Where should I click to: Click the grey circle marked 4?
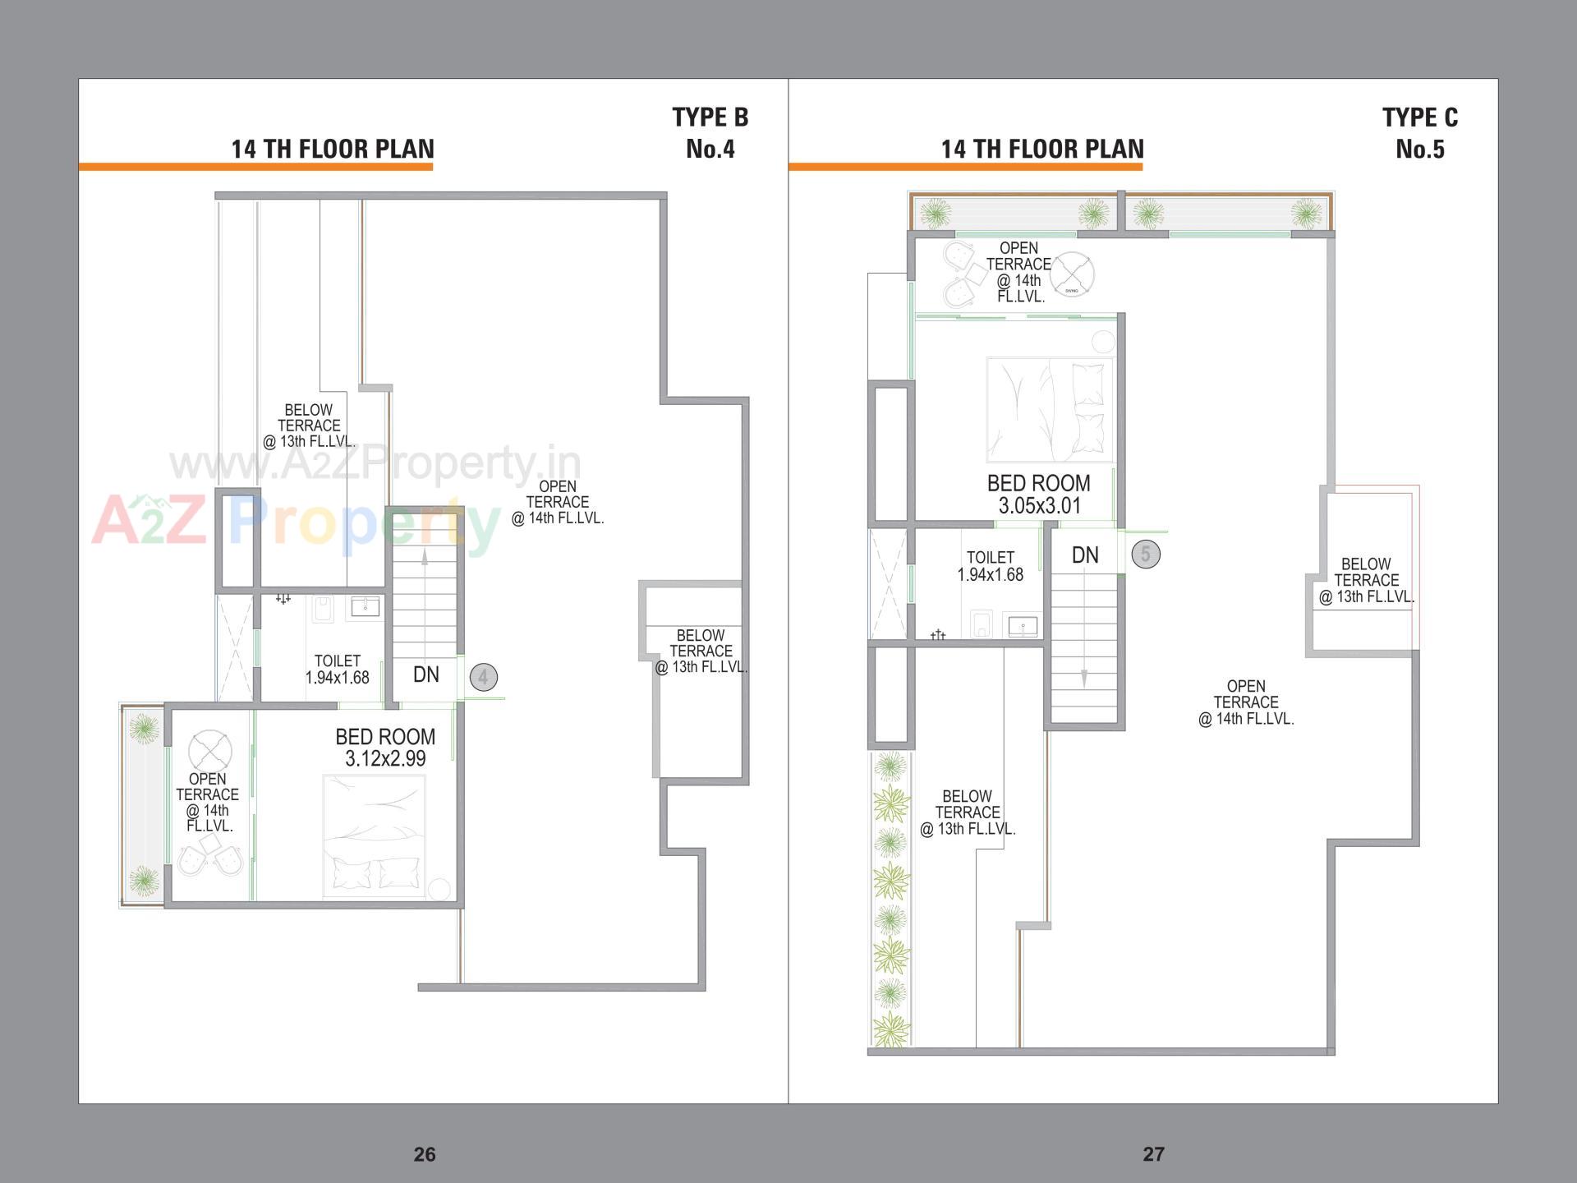pyautogui.click(x=483, y=678)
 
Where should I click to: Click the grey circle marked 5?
pyautogui.click(x=1146, y=555)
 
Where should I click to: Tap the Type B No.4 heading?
pyautogui.click(x=710, y=133)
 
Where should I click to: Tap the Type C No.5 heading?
pyautogui.click(x=1419, y=133)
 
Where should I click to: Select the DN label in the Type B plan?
pyautogui.click(x=425, y=674)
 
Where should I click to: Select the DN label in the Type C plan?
pyautogui.click(x=1085, y=555)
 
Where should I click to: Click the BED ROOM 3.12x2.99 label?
pyautogui.click(x=385, y=748)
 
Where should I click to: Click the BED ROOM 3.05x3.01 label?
pyautogui.click(x=1038, y=495)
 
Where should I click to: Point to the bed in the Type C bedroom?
pyautogui.click(x=1050, y=409)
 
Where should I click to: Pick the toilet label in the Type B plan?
pyautogui.click(x=337, y=670)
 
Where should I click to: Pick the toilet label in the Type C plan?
pyautogui.click(x=990, y=566)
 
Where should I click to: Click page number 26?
pyautogui.click(x=425, y=1154)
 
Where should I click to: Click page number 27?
pyautogui.click(x=1153, y=1154)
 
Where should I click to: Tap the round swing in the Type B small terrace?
pyautogui.click(x=210, y=750)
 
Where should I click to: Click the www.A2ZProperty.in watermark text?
pyautogui.click(x=375, y=464)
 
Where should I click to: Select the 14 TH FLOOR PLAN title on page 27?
pyautogui.click(x=1041, y=149)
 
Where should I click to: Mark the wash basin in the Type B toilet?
pyautogui.click(x=365, y=606)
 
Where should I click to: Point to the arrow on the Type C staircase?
pyautogui.click(x=1084, y=678)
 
